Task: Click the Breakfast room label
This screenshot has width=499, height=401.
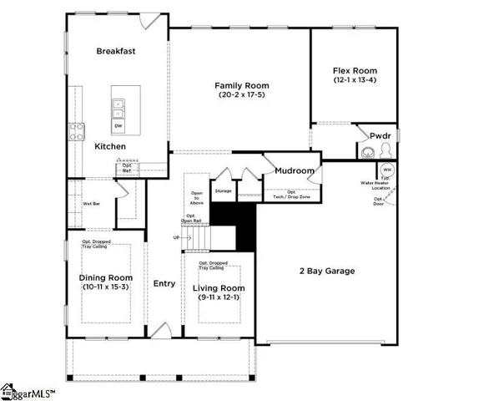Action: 116,51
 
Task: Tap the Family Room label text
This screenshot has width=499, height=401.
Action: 242,85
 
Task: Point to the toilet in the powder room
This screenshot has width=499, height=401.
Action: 386,151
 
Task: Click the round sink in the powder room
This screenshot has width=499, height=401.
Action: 367,152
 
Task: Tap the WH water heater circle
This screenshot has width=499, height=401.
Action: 387,170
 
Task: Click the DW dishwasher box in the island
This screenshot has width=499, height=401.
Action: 119,126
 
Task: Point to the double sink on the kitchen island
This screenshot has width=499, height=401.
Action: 119,109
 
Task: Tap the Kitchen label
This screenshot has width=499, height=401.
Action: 110,146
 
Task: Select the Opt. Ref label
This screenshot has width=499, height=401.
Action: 128,167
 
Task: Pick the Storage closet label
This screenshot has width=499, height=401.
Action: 223,191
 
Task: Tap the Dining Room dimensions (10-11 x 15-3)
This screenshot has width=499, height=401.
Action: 106,287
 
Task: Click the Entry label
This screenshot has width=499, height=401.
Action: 164,283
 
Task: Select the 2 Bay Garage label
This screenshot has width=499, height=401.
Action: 327,271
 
